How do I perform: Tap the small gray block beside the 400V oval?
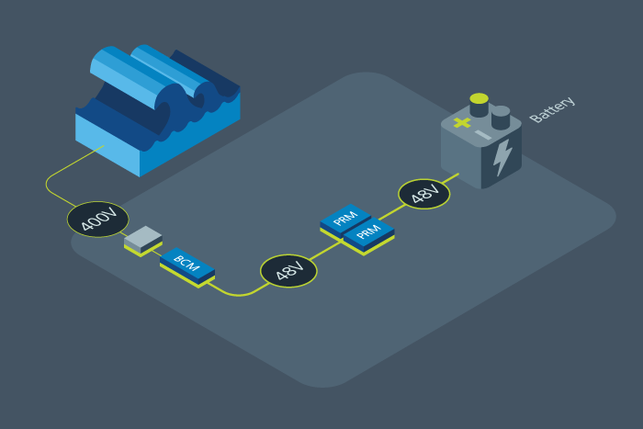[x=143, y=239]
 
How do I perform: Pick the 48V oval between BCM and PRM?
[x=288, y=271]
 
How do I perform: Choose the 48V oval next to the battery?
[x=424, y=194]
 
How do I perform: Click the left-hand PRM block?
[x=344, y=220]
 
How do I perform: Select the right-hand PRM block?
[x=368, y=232]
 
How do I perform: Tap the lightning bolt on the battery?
[x=502, y=157]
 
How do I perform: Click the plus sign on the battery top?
[x=461, y=122]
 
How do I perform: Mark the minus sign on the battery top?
[x=482, y=135]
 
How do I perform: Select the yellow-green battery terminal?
[x=479, y=101]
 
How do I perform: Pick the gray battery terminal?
[x=501, y=114]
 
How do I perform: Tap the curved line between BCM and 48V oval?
[x=235, y=293]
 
